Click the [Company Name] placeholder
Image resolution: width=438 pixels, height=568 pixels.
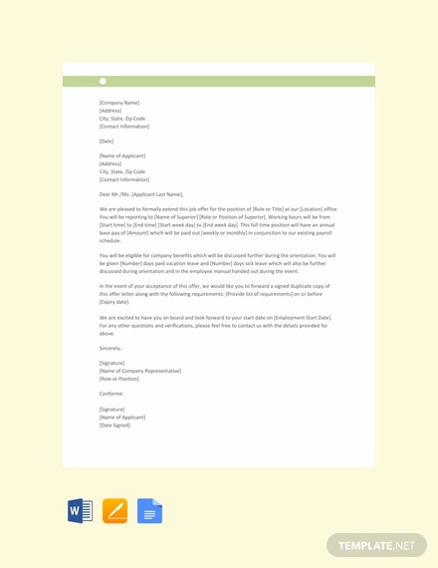click(x=119, y=103)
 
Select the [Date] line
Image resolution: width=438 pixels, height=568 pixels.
click(x=107, y=142)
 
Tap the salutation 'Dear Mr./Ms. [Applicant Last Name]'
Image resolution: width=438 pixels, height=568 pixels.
click(x=141, y=194)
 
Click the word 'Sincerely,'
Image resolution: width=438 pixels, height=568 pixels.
click(x=110, y=348)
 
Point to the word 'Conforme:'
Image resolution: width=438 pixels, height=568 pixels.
click(x=111, y=394)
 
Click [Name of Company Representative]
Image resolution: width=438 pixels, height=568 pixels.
click(x=140, y=371)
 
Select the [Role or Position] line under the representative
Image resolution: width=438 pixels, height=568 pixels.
click(x=119, y=379)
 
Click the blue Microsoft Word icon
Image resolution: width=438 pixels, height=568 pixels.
click(x=80, y=511)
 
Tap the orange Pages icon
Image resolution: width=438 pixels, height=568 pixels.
click(x=114, y=511)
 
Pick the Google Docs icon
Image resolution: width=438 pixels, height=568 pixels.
click(x=149, y=511)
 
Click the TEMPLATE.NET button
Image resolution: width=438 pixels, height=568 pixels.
click(x=376, y=545)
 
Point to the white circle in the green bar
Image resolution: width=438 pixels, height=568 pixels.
click(x=103, y=81)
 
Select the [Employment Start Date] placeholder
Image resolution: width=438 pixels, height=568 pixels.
click(x=299, y=317)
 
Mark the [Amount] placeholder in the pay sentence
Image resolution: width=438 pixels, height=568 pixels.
click(x=140, y=233)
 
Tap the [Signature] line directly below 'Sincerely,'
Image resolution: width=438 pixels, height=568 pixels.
click(x=111, y=363)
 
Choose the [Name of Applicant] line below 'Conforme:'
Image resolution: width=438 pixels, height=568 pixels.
click(x=122, y=417)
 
